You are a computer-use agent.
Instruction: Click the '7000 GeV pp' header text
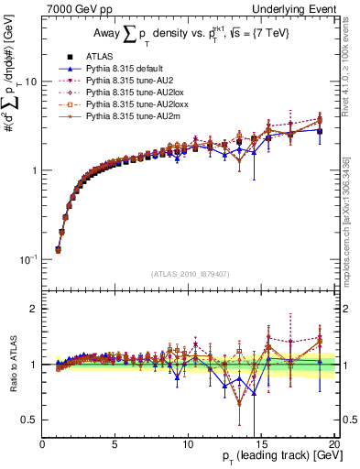(x=78, y=10)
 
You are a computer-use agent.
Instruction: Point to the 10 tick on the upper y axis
(x=29, y=82)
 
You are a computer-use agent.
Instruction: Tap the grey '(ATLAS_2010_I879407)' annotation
(x=189, y=272)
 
